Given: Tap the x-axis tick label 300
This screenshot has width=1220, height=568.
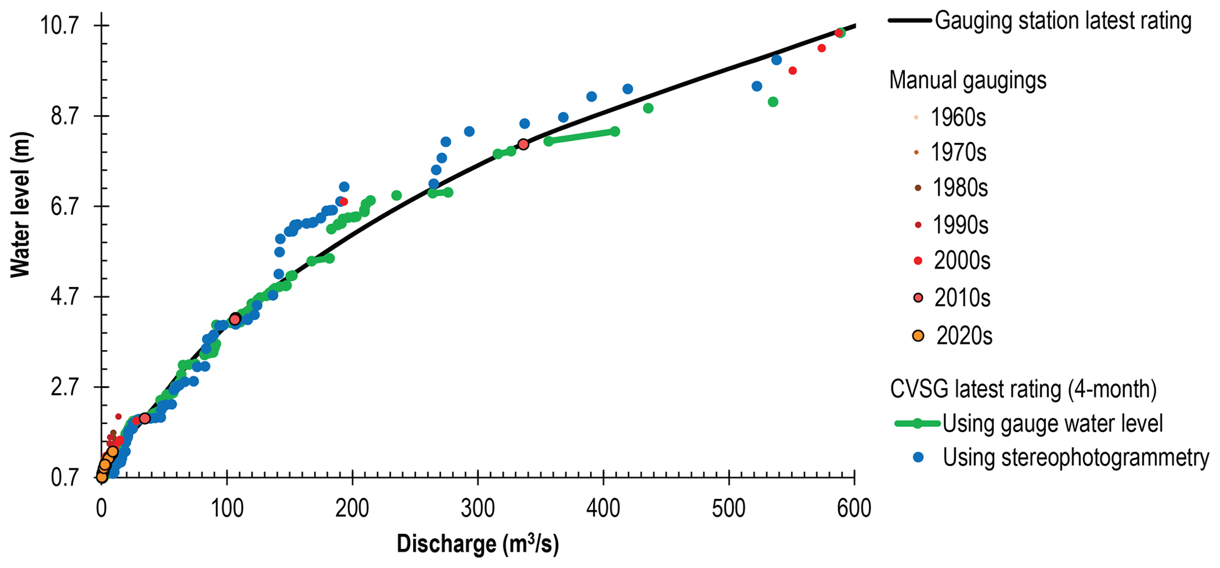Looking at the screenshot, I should pyautogui.click(x=477, y=508).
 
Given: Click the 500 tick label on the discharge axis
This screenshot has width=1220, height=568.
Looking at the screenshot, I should pyautogui.click(x=729, y=508).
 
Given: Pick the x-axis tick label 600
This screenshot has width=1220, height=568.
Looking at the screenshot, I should pyautogui.click(x=854, y=508).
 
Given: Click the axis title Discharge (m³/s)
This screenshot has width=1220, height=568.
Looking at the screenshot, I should pyautogui.click(x=477, y=544).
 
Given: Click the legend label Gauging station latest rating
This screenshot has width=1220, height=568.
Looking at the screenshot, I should pyautogui.click(x=1063, y=21).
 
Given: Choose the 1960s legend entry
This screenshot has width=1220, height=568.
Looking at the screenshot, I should pyautogui.click(x=958, y=118).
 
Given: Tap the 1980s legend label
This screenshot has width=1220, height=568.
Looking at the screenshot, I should pyautogui.click(x=960, y=188).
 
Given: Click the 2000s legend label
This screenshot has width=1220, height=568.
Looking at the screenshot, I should pyautogui.click(x=961, y=261).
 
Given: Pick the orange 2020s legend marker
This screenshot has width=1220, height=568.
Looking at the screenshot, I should pyautogui.click(x=918, y=336).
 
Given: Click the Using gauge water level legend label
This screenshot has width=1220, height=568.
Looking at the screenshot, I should pyautogui.click(x=1052, y=423).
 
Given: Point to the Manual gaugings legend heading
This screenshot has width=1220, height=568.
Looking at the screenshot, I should pyautogui.click(x=968, y=80).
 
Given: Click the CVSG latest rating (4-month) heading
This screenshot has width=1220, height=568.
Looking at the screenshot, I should pyautogui.click(x=1023, y=389).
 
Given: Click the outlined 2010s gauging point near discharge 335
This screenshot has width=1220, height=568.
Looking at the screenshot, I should pyautogui.click(x=523, y=144).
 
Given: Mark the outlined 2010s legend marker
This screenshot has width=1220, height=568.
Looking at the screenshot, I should pyautogui.click(x=918, y=298).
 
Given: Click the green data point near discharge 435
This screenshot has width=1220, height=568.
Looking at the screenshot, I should pyautogui.click(x=648, y=108).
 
